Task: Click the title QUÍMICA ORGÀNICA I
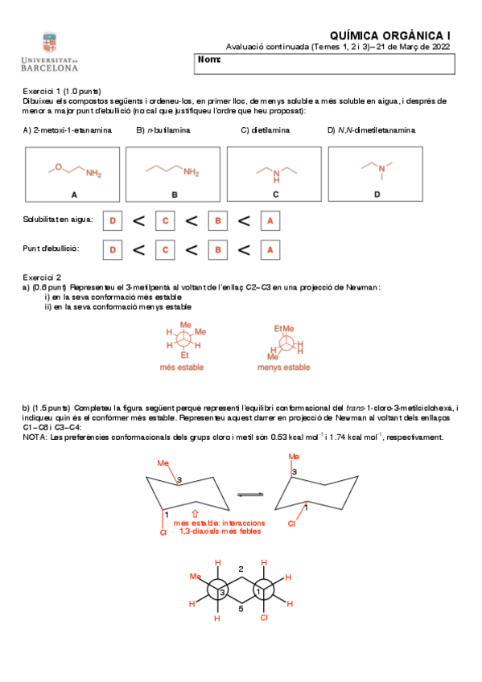click(391, 35)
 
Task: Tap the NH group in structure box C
click(276, 175)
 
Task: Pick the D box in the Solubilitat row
click(113, 220)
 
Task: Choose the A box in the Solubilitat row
click(270, 220)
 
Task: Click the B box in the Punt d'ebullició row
click(216, 250)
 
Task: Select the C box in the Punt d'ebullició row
click(164, 250)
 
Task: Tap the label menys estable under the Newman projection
click(283, 368)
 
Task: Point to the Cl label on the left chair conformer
click(163, 532)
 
